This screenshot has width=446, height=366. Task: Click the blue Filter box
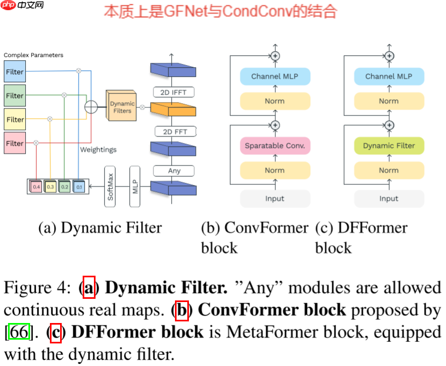pyautogui.click(x=15, y=71)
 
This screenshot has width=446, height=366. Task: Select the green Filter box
pyautogui.click(x=15, y=96)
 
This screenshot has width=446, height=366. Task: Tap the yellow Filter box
pyautogui.click(x=15, y=119)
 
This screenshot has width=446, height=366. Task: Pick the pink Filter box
pyautogui.click(x=15, y=143)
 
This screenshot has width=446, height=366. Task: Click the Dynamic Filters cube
pyautogui.click(x=122, y=106)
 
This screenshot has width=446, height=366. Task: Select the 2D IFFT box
pyautogui.click(x=174, y=92)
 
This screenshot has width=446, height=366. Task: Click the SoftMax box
pyautogui.click(x=111, y=186)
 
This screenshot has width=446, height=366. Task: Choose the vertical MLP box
pyautogui.click(x=136, y=186)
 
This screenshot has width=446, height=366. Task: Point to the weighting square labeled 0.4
pyautogui.click(x=36, y=186)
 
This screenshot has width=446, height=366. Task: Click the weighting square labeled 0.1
pyautogui.click(x=79, y=186)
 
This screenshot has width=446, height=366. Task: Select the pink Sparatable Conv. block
pyautogui.click(x=275, y=146)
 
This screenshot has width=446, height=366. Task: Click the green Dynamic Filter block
pyautogui.click(x=389, y=146)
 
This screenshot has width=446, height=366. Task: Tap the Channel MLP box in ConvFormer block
pyautogui.click(x=275, y=76)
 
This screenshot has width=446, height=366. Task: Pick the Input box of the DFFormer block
pyautogui.click(x=389, y=198)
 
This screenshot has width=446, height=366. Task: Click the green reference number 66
pyautogui.click(x=19, y=332)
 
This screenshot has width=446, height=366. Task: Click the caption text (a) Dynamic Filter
pyautogui.click(x=100, y=228)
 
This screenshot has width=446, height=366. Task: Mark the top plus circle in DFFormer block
pyautogui.click(x=389, y=55)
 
